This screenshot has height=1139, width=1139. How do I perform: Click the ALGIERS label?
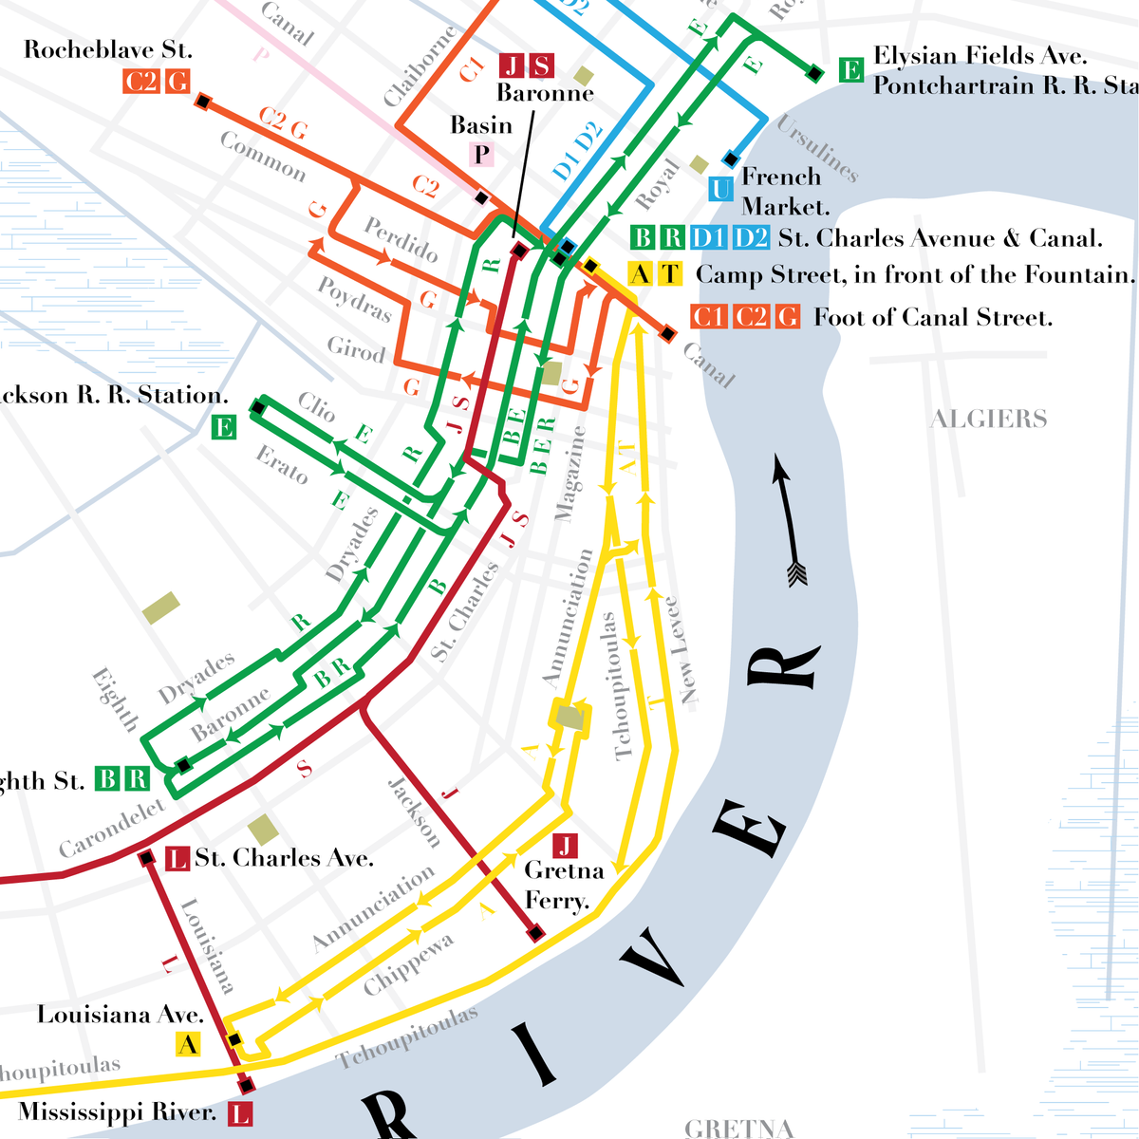coord(988,419)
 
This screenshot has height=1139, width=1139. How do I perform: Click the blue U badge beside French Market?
coord(721,189)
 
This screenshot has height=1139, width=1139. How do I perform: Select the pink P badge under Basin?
coord(482,154)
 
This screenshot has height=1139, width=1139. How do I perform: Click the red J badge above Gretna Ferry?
coord(565,846)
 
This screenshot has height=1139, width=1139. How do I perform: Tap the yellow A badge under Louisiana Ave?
coord(188,1045)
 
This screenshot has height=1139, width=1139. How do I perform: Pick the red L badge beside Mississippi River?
coord(240,1113)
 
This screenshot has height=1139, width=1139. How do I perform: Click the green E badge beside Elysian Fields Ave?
coord(850,69)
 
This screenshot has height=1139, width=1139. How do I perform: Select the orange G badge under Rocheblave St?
coord(177,82)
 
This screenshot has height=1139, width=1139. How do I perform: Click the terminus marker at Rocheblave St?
coord(201,100)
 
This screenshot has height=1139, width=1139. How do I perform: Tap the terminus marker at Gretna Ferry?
coord(535,934)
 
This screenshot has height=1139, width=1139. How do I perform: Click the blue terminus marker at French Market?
coord(730,158)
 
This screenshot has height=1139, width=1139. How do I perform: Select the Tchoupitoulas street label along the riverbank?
coord(408,1037)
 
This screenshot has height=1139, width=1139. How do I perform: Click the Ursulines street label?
coord(816,148)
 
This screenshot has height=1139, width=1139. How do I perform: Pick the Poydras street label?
coord(354,299)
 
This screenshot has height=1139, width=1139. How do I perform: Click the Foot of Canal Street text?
coord(932,317)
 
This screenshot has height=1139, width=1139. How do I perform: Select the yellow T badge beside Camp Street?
coord(670,274)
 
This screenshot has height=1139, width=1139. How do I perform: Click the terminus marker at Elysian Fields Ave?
coord(813,71)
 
